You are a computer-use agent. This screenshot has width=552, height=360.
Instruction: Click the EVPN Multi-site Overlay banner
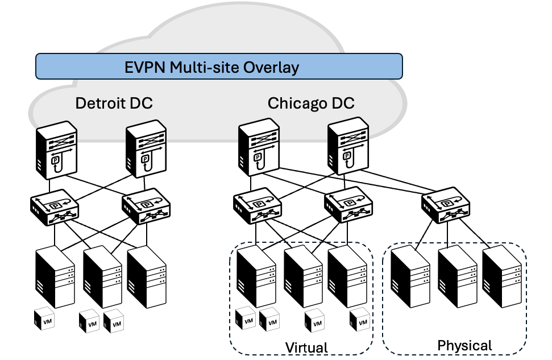pos(219,66)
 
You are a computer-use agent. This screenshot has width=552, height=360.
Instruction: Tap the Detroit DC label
pos(114,103)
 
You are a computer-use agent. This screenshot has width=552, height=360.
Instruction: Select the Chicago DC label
pos(311,103)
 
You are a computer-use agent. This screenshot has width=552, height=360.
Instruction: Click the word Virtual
pos(306,347)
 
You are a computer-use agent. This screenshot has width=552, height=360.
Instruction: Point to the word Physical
pos(464,346)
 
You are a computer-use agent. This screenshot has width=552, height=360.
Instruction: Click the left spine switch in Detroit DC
pos(56,150)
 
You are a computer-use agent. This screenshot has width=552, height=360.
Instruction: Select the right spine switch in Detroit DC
pos(146,149)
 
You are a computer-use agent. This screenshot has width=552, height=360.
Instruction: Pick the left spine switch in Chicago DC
pos(259,147)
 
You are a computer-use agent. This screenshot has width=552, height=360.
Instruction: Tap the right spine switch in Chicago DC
pos(348,146)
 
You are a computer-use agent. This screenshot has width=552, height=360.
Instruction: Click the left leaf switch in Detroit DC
pos(54,207)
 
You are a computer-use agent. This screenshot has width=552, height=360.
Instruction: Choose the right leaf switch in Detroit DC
pos(146,206)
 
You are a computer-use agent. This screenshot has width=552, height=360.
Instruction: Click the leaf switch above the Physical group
pos(446,205)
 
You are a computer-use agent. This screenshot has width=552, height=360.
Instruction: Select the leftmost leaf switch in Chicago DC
pos(258,205)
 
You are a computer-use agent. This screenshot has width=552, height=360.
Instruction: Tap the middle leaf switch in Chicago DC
pos(348,205)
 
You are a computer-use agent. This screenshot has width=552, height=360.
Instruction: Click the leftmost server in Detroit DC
pos(55,277)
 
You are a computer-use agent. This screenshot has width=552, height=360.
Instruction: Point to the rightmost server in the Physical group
pos(502,276)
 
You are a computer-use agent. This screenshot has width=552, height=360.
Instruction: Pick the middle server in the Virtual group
pos(303,276)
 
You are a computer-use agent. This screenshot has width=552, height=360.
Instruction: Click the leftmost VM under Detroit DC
pos(44,319)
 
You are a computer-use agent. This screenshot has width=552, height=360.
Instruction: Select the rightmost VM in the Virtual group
pos(360,320)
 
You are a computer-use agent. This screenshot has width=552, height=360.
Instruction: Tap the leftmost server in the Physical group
pos(410,276)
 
